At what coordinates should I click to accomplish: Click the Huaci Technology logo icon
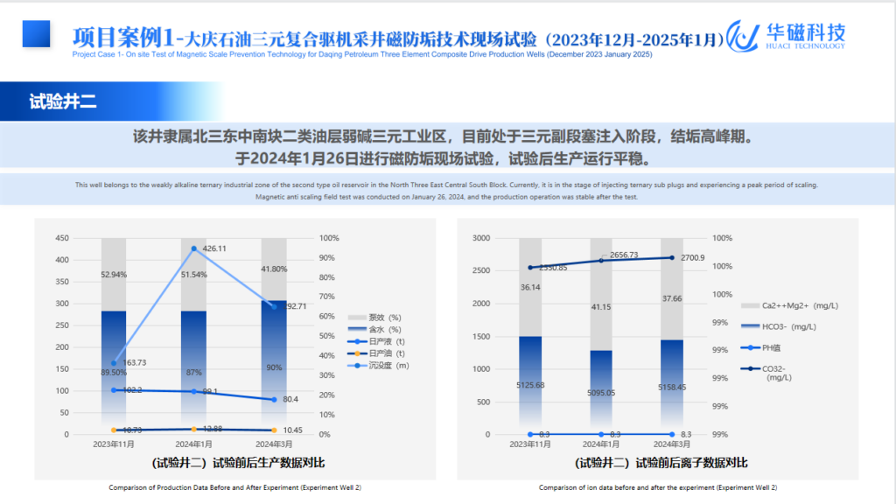(x=743, y=35)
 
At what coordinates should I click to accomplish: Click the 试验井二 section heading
(x=63, y=101)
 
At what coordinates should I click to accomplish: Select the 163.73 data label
(x=134, y=362)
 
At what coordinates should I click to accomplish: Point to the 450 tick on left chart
(x=62, y=238)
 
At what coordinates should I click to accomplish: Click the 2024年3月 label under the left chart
(x=273, y=444)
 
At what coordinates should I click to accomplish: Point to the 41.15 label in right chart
(x=600, y=306)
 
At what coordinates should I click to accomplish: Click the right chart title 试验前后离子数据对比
(x=661, y=462)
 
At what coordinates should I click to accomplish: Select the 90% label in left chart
(x=274, y=367)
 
